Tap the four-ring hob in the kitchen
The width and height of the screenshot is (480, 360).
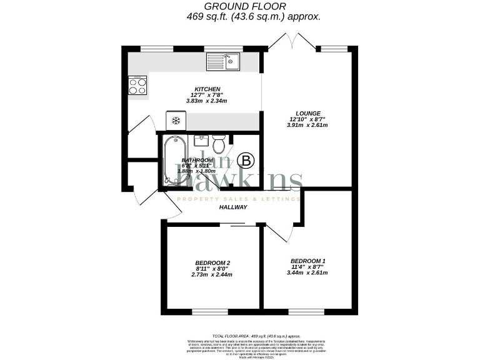137,85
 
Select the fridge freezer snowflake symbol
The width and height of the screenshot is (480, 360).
176,120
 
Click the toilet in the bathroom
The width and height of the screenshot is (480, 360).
219,144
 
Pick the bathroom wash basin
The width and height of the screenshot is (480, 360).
200,140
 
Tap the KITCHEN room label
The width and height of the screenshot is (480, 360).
207,89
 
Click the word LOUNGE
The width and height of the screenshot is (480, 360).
308,113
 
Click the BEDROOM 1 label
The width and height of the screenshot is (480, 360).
308,261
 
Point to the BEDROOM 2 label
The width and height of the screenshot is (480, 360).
212,262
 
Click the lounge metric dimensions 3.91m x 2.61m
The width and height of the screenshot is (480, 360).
307,125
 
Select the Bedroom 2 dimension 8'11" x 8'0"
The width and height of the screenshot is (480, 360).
212,269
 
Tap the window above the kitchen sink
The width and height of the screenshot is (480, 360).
225,48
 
